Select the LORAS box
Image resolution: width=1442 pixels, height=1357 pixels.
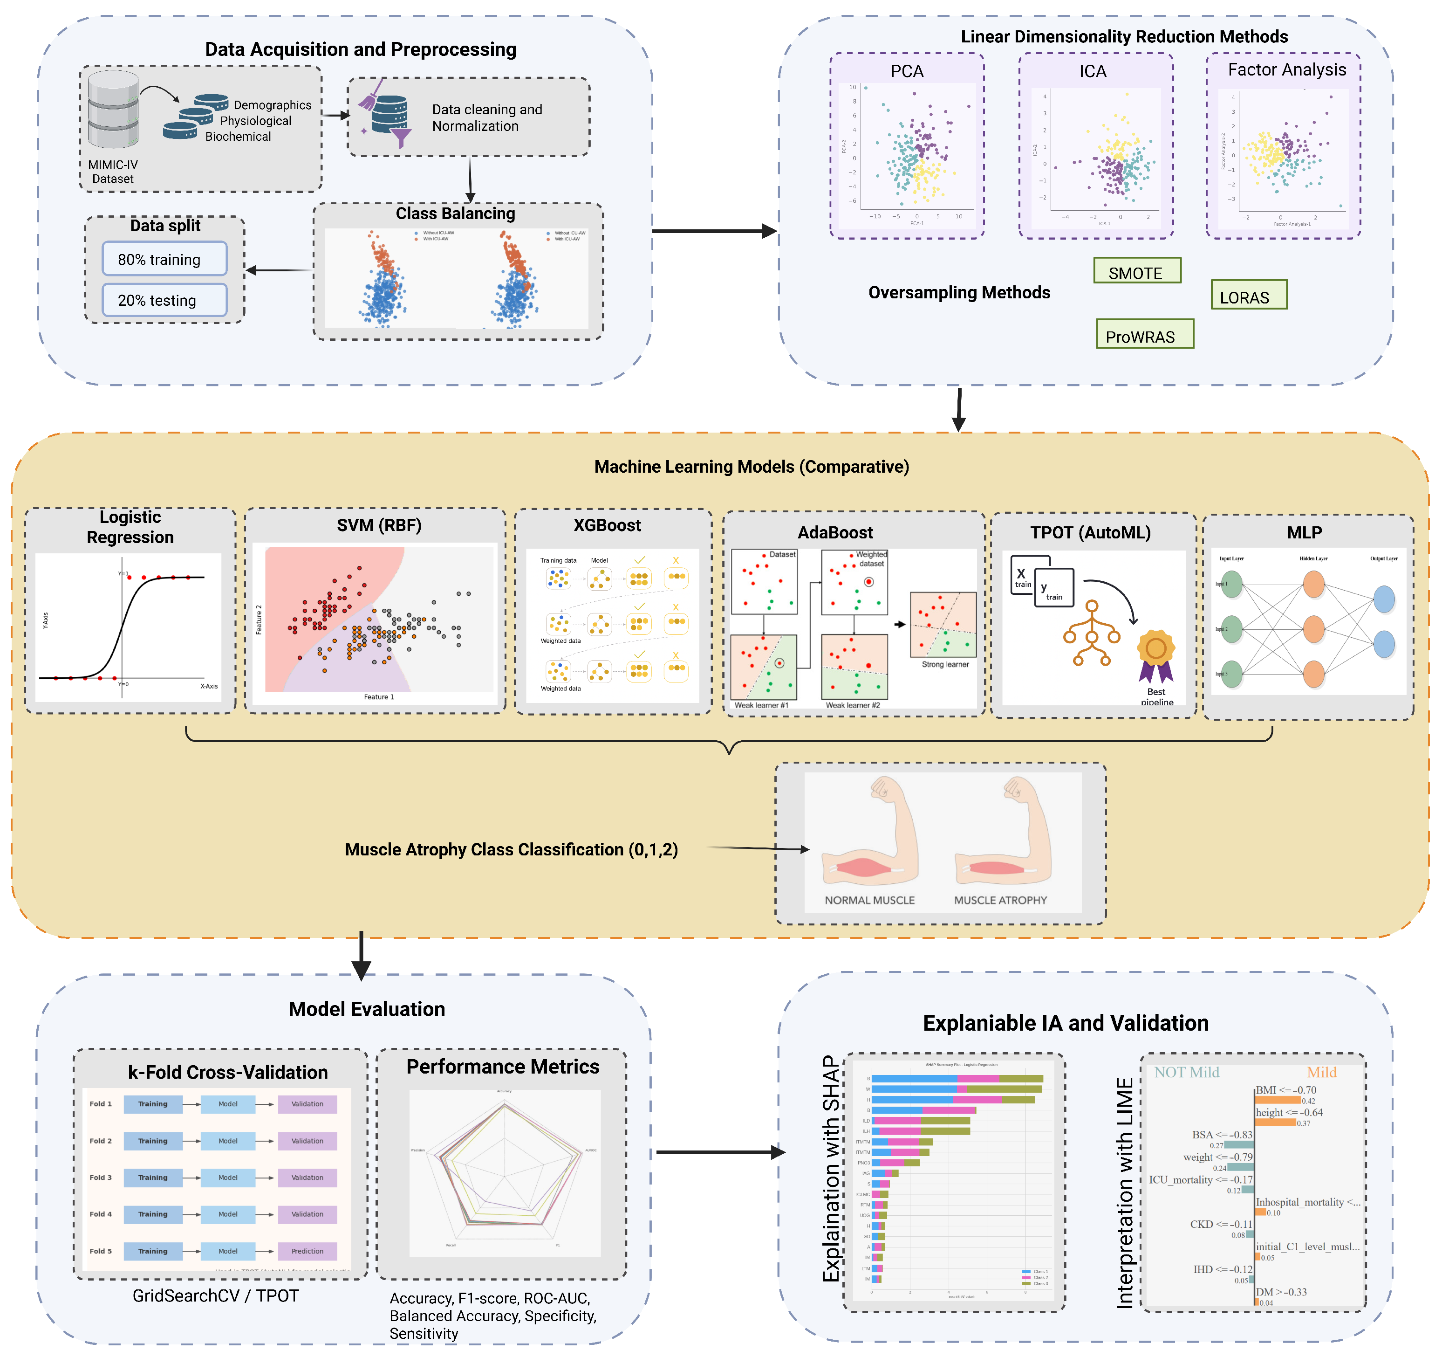click(x=1248, y=296)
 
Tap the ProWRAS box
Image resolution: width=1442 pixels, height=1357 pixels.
click(x=1144, y=335)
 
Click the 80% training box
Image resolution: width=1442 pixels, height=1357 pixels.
click(x=164, y=259)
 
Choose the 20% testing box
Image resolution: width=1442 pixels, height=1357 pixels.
click(x=164, y=300)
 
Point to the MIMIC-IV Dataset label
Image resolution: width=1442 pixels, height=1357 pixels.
click(x=112, y=172)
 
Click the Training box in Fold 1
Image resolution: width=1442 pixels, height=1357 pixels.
click(x=153, y=1104)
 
